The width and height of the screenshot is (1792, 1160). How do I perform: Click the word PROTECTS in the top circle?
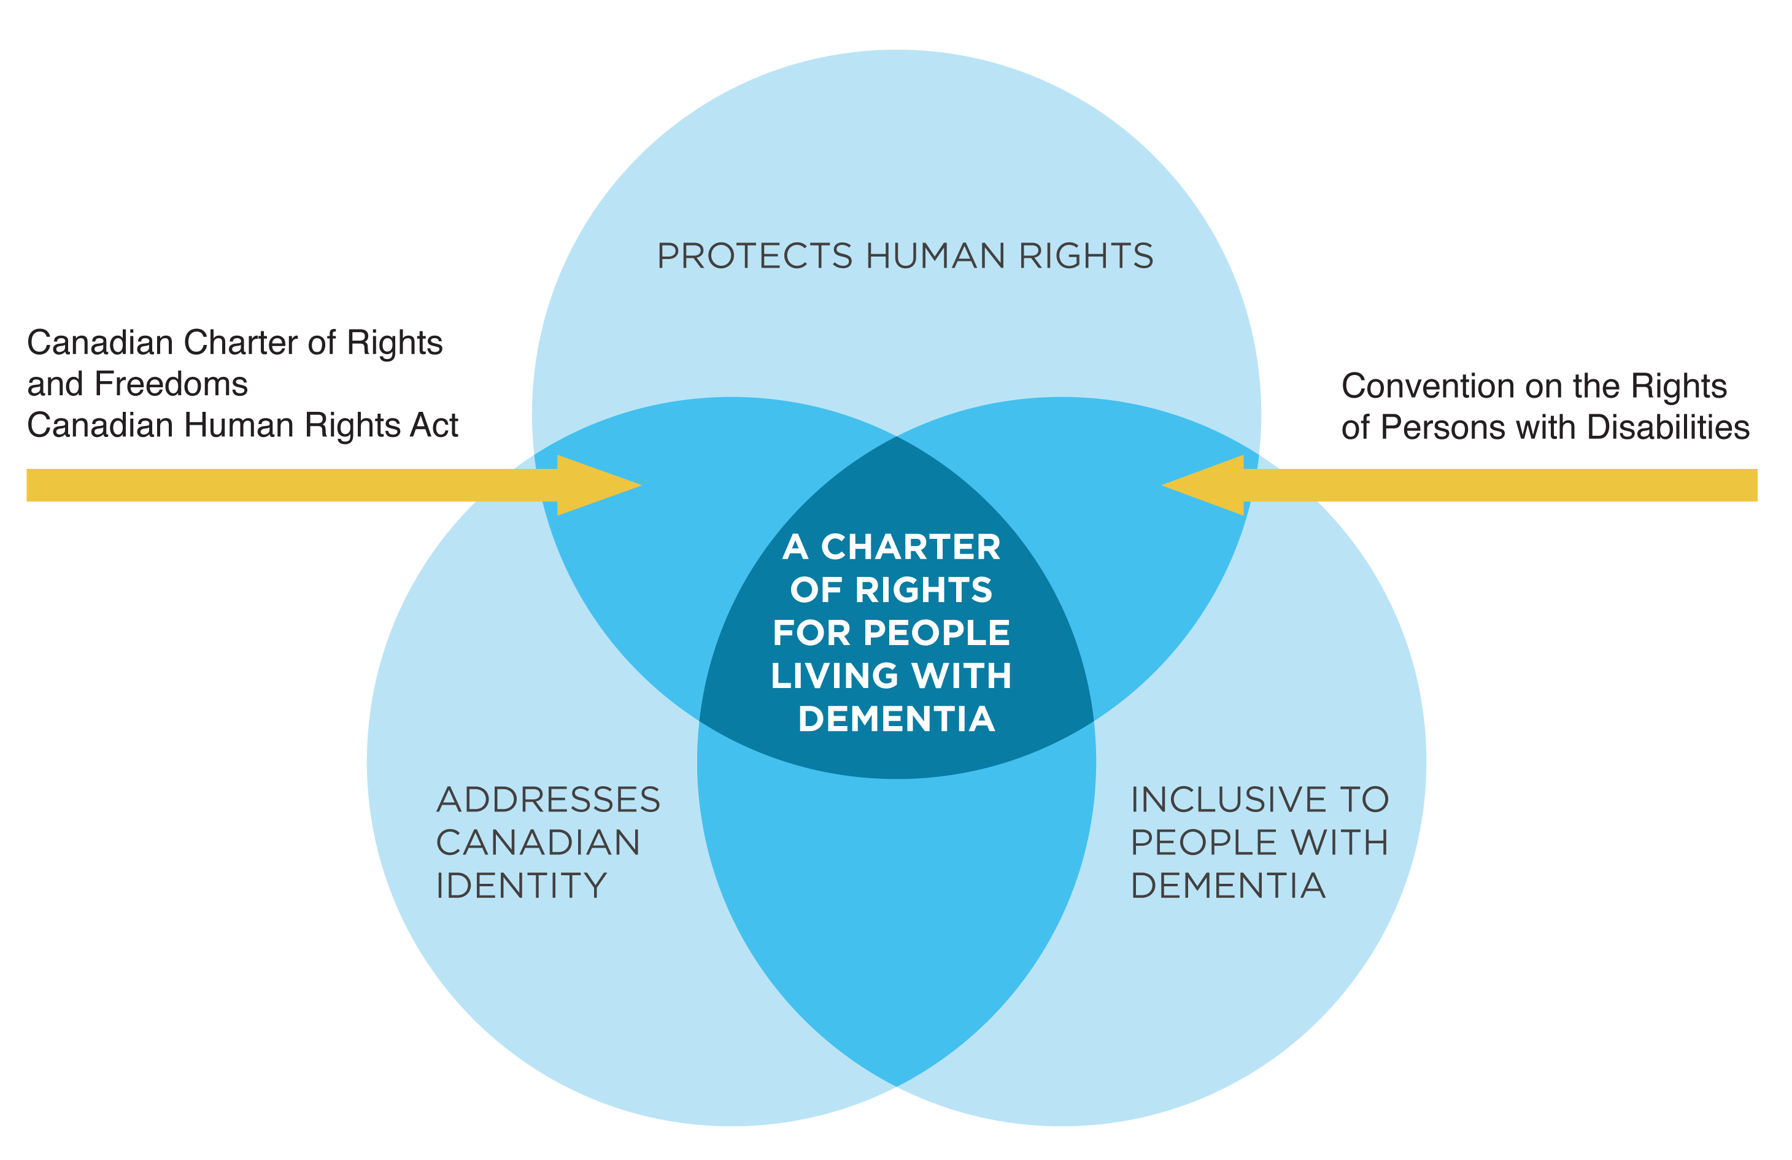(x=754, y=257)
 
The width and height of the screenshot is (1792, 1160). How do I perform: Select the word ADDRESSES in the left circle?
(x=547, y=800)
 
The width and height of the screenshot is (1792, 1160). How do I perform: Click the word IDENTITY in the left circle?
(x=521, y=886)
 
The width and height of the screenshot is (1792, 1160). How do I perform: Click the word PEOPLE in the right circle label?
(x=1191, y=843)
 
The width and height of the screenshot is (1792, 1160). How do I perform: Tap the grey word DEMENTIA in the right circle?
(x=1228, y=886)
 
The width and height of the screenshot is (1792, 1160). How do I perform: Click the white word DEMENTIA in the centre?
(x=896, y=719)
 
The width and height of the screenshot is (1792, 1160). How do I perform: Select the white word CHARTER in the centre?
(x=910, y=547)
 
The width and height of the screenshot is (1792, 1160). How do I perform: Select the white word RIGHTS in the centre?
(x=924, y=590)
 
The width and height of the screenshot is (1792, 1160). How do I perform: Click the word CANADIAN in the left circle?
(x=538, y=843)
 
